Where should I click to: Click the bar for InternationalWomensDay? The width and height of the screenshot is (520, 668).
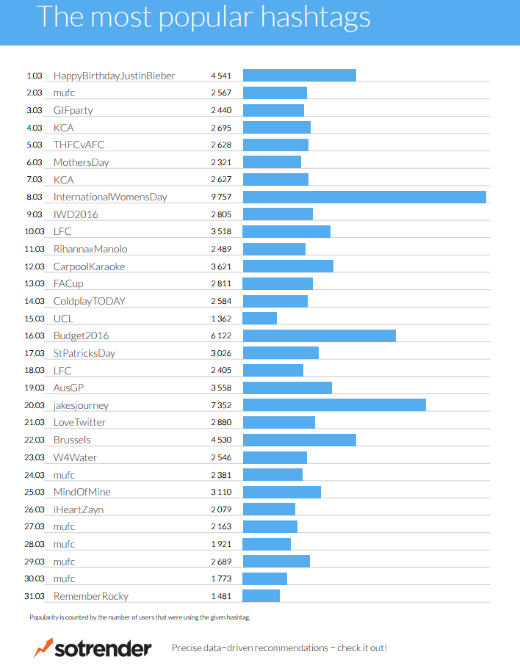click(x=364, y=197)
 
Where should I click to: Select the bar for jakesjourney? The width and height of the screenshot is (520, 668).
click(x=334, y=405)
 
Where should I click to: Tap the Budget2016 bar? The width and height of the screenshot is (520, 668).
click(x=319, y=335)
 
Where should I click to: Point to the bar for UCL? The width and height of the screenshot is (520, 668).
click(x=260, y=319)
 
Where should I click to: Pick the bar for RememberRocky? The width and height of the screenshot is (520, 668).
click(x=261, y=595)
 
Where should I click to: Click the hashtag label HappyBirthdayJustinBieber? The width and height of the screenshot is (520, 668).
click(x=114, y=76)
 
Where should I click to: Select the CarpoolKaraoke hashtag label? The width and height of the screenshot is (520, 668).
click(x=89, y=266)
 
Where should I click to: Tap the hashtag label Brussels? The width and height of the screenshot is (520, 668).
click(x=72, y=440)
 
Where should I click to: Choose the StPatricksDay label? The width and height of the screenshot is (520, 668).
click(x=84, y=353)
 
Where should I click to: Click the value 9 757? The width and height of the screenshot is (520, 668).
click(x=221, y=197)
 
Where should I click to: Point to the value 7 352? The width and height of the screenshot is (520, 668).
click(x=221, y=405)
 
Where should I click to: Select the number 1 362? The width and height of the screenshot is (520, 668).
click(x=221, y=319)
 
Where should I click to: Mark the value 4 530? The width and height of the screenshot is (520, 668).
click(x=221, y=440)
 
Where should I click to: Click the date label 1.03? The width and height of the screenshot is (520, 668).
click(x=35, y=76)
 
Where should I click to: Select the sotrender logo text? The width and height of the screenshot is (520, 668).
click(x=104, y=648)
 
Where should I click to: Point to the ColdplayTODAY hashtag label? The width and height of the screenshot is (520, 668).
click(x=89, y=301)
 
